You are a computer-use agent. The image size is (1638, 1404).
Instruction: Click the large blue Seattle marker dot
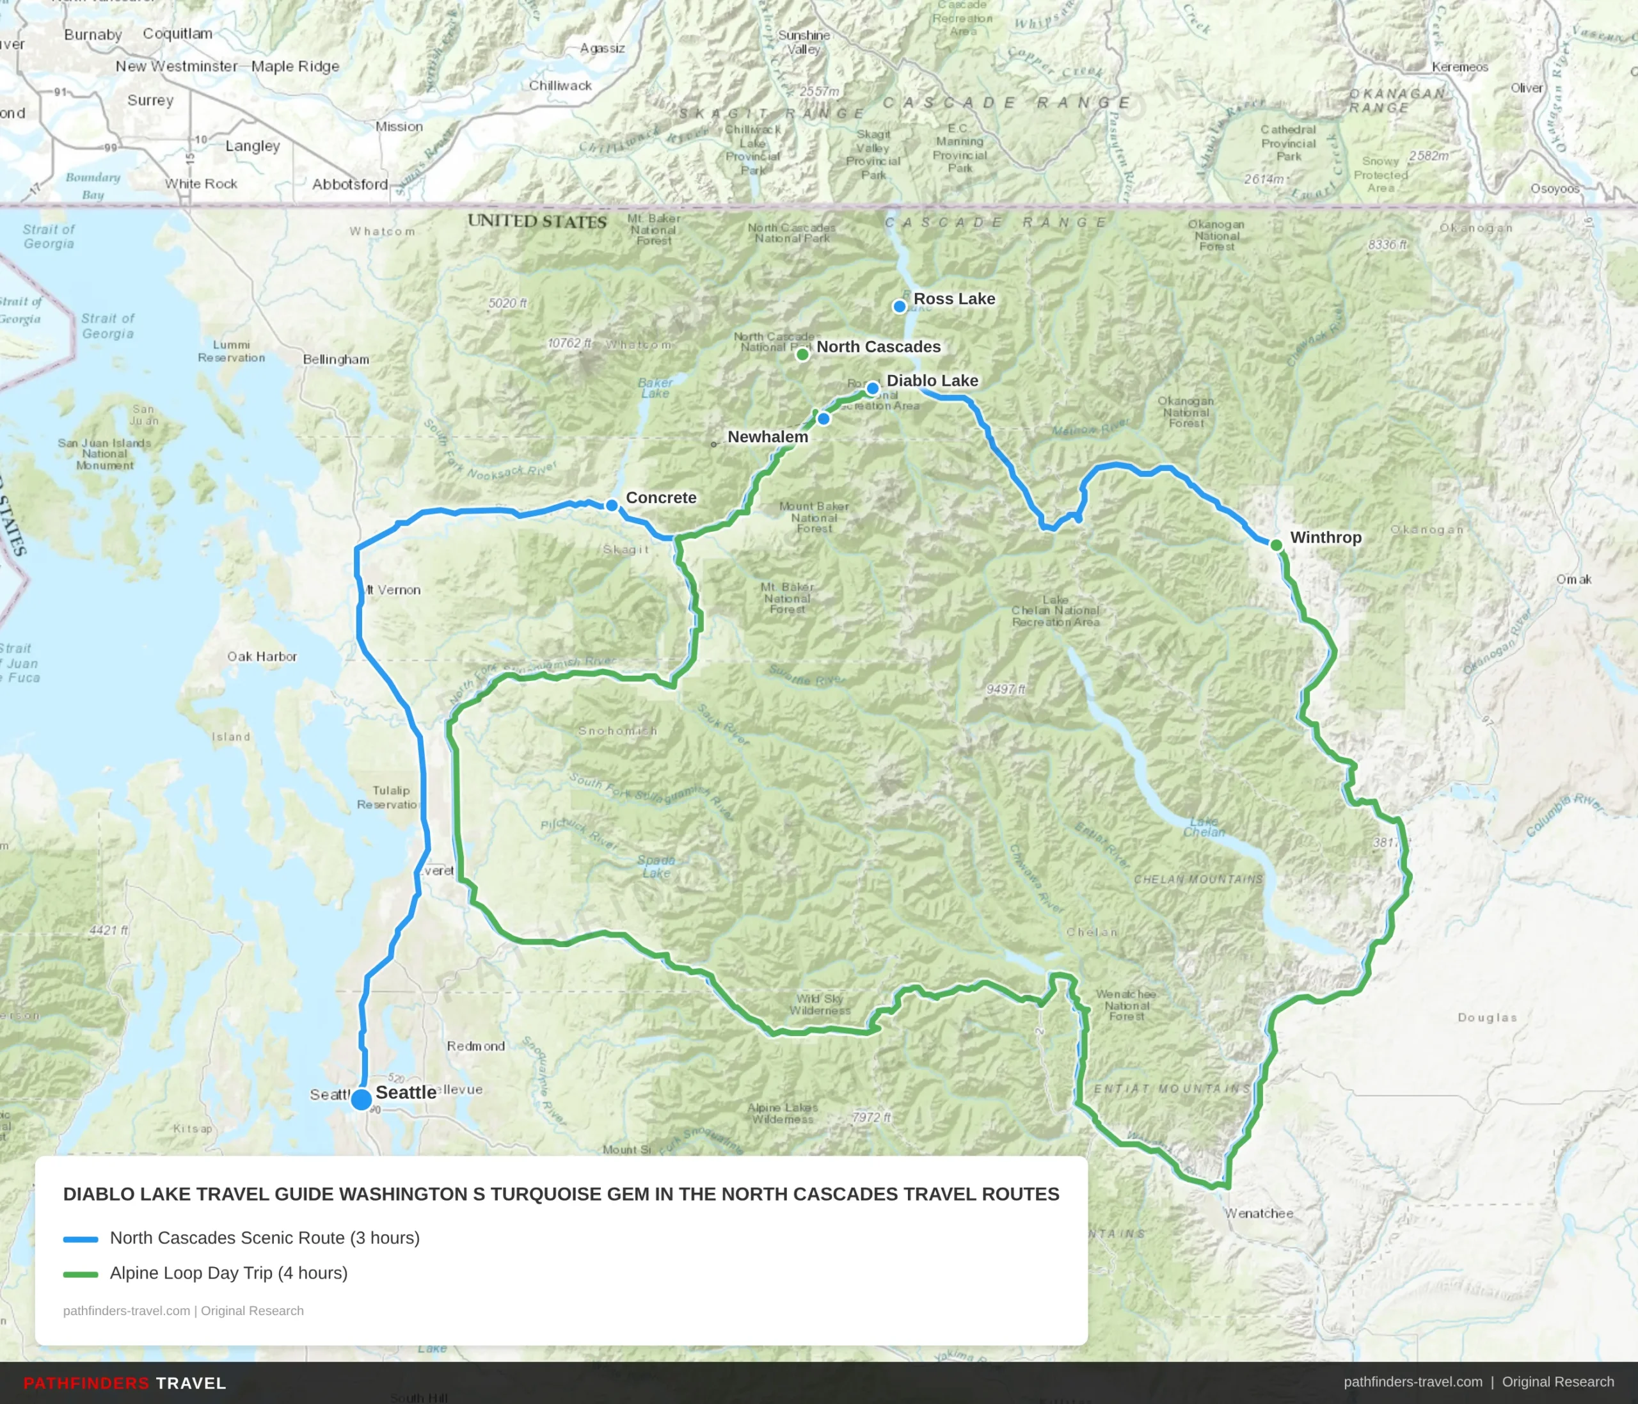pos(362,1099)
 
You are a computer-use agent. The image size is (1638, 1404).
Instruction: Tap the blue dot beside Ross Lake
pos(900,306)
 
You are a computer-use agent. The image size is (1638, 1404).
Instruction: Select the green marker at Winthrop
pos(1276,545)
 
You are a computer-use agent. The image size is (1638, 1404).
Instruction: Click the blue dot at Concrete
pos(612,505)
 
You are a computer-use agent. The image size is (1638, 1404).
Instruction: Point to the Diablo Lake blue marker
pos(872,388)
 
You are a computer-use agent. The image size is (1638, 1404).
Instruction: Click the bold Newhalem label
pos(768,436)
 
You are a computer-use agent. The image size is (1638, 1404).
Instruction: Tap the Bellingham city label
pos(336,359)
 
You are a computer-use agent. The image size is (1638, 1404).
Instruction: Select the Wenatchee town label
pos(1259,1213)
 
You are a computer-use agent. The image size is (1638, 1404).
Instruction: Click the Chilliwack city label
pos(560,85)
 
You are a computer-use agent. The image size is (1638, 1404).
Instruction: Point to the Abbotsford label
pos(349,184)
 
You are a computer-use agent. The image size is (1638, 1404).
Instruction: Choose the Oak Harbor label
pos(262,656)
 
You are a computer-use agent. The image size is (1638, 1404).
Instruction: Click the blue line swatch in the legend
pos(81,1239)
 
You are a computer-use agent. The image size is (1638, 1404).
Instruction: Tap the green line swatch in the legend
pos(81,1273)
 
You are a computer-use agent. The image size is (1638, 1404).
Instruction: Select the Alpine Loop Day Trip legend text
pos(228,1273)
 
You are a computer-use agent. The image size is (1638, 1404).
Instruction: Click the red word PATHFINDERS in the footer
pos(86,1383)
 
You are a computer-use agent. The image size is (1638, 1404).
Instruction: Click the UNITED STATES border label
pos(537,221)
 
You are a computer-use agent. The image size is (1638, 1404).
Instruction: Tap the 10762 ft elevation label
pos(570,343)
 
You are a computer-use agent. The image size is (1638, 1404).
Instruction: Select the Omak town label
pos(1574,580)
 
